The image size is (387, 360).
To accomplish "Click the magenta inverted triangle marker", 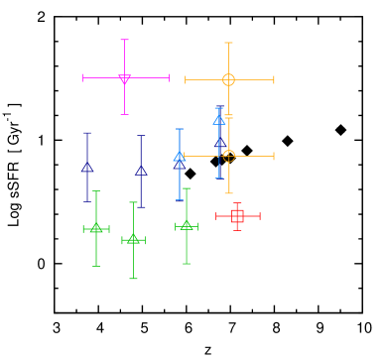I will point(124,78).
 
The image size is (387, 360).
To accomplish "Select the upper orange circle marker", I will point(228,79).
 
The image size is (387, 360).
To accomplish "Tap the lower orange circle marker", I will point(228,156).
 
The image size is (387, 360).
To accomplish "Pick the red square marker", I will point(237,215).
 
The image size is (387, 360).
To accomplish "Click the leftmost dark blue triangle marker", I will point(87,167).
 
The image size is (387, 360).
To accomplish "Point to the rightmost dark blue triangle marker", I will point(141,171).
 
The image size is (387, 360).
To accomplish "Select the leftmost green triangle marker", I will point(96,229).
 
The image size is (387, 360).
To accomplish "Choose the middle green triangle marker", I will point(133,239).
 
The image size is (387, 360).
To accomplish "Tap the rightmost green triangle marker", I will point(187,226).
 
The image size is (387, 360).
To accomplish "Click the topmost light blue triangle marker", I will point(219,120).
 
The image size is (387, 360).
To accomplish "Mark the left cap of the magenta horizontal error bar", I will point(83,77).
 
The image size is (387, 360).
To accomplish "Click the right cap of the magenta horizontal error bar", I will point(169,77).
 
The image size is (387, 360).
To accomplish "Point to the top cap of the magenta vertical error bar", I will point(124,41).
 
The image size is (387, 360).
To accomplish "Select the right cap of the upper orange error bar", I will point(274,79).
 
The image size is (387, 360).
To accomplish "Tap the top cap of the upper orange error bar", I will point(228,43).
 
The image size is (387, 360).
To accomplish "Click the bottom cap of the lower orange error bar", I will point(228,193).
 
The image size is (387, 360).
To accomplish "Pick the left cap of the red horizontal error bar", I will point(216,215).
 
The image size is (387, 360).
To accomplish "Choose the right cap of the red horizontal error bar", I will point(259,215).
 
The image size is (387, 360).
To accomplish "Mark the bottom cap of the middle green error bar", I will point(133,279).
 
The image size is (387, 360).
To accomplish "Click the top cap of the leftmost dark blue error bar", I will point(87,133).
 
